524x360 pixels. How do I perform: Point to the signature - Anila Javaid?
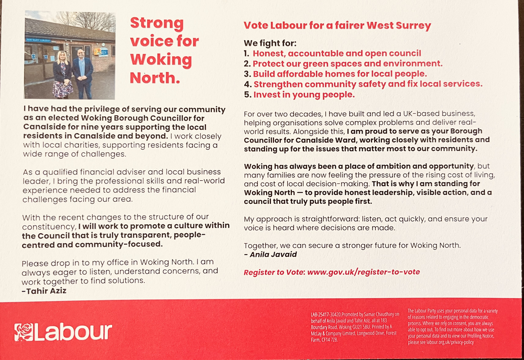[x=270, y=254]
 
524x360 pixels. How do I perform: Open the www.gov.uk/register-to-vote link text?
[x=363, y=272]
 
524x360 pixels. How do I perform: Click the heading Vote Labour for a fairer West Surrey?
[x=337, y=25]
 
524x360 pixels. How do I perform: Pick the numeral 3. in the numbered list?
[x=247, y=74]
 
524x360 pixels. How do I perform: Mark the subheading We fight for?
[x=270, y=43]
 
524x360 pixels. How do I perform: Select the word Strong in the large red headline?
[x=157, y=23]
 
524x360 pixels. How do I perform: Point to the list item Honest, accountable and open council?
[x=337, y=53]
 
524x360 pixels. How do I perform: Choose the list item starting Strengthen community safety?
[x=368, y=84]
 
